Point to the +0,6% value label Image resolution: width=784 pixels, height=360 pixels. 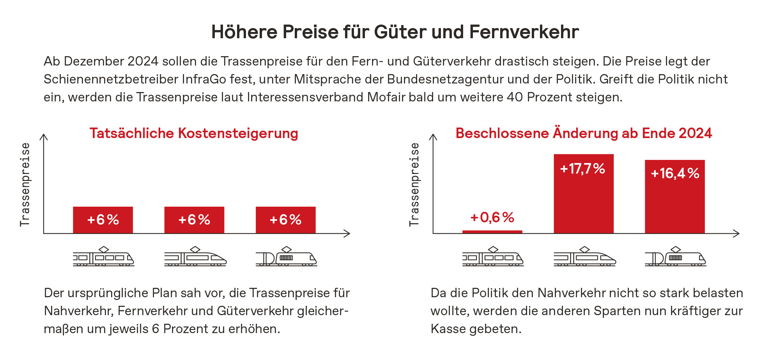(492, 217)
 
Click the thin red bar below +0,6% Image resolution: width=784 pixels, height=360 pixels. (492, 232)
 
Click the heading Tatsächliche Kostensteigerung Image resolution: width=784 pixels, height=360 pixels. (194, 133)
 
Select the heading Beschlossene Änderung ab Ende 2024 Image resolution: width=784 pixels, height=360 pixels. (584, 133)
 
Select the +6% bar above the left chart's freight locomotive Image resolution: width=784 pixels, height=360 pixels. (285, 220)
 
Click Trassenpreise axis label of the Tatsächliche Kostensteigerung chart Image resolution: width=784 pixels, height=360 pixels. (25, 184)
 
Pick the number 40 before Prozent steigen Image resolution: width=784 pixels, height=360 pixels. (515, 97)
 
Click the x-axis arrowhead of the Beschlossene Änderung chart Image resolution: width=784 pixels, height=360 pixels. (737, 234)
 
